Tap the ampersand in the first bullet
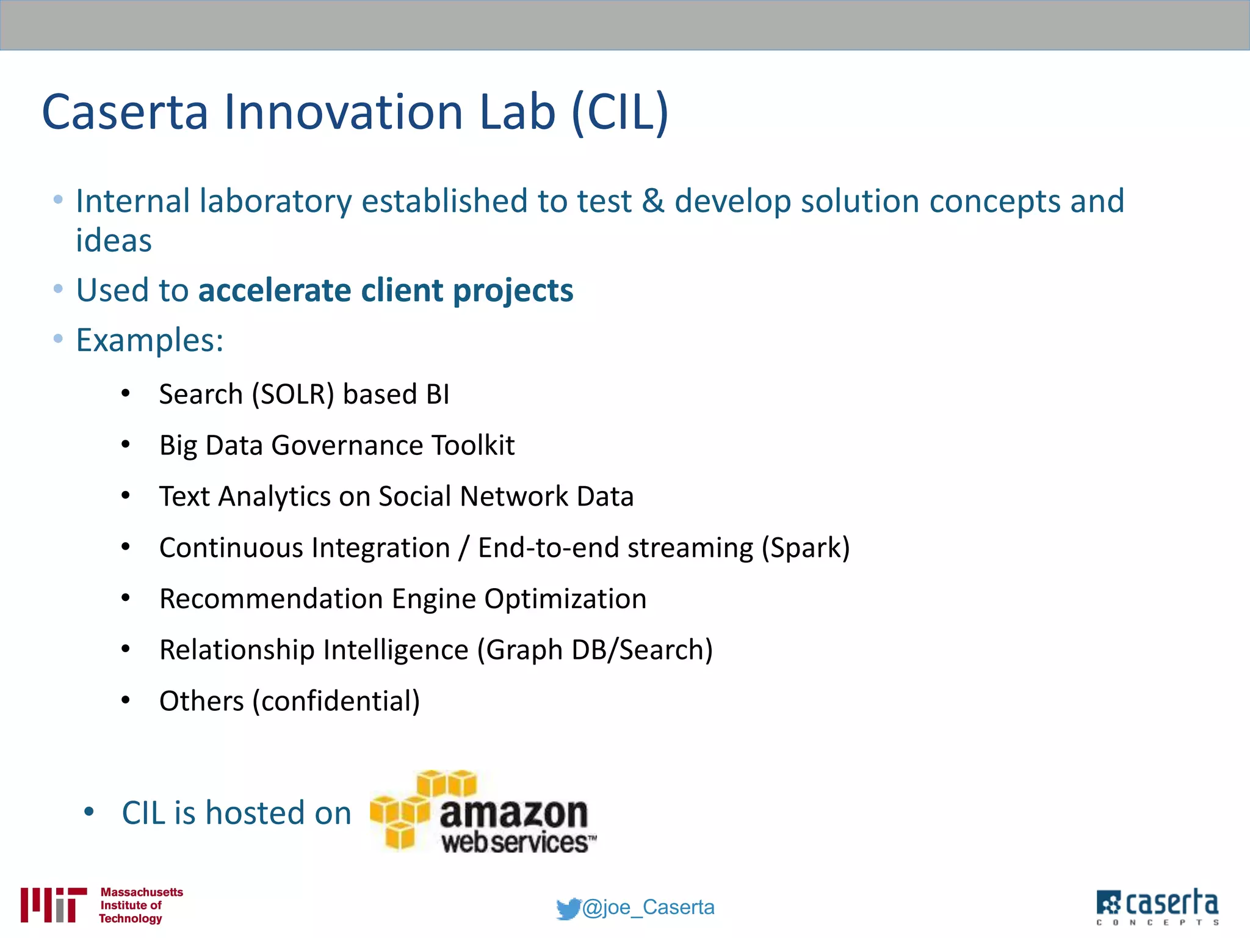click(x=652, y=202)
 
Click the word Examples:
click(x=150, y=340)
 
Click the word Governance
click(x=346, y=445)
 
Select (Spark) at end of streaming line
click(x=805, y=548)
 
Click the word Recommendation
click(x=271, y=598)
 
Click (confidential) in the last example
click(x=336, y=701)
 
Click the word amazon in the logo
click(x=513, y=813)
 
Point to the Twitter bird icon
click(x=568, y=909)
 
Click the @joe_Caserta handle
click(x=648, y=907)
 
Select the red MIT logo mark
click(x=52, y=904)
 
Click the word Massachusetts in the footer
click(x=142, y=892)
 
